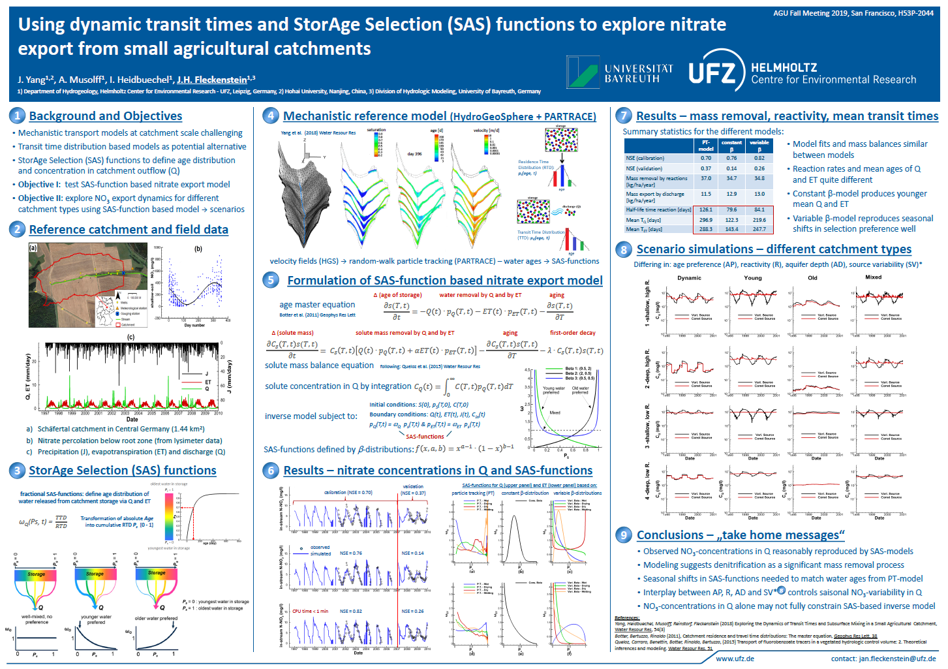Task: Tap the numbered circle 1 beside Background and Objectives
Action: click(x=18, y=116)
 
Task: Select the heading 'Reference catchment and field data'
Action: click(x=129, y=230)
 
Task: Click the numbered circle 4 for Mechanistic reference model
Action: click(x=271, y=116)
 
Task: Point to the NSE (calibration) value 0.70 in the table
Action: click(x=706, y=158)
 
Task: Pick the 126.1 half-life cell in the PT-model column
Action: click(x=706, y=210)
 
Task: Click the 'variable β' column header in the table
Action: click(x=759, y=145)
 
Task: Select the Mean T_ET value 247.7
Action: click(x=759, y=229)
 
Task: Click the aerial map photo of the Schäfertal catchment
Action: click(x=88, y=285)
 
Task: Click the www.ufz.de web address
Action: click(x=735, y=659)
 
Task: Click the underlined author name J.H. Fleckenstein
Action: click(x=212, y=80)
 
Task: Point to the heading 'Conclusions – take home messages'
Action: click(x=741, y=535)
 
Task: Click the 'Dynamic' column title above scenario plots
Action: click(x=689, y=277)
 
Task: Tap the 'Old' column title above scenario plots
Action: click(x=812, y=277)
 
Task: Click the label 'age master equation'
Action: click(x=317, y=305)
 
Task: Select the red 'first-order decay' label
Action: click(x=572, y=333)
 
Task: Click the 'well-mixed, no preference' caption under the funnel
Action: click(x=37, y=619)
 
